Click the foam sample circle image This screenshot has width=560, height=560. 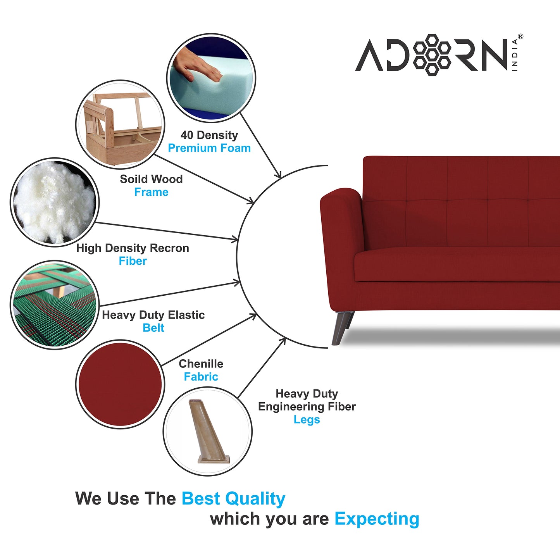click(x=211, y=78)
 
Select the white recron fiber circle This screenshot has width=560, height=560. click(x=55, y=202)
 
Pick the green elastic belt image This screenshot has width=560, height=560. click(x=55, y=305)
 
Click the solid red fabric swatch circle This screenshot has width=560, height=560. click(x=120, y=384)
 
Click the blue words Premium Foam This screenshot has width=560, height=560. click(x=209, y=148)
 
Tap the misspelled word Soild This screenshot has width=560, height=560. click(x=133, y=179)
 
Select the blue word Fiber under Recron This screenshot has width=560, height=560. click(x=133, y=261)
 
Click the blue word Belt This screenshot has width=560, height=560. click(x=153, y=328)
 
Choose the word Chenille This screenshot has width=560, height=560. click(x=201, y=364)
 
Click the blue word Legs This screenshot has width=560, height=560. click(x=307, y=420)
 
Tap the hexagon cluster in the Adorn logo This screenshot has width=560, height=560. click(x=432, y=55)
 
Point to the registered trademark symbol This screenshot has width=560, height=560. click(x=520, y=36)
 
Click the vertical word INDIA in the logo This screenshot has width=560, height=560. click(x=515, y=55)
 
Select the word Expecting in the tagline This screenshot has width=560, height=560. click(x=377, y=519)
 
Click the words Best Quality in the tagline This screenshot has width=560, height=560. click(x=233, y=499)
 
